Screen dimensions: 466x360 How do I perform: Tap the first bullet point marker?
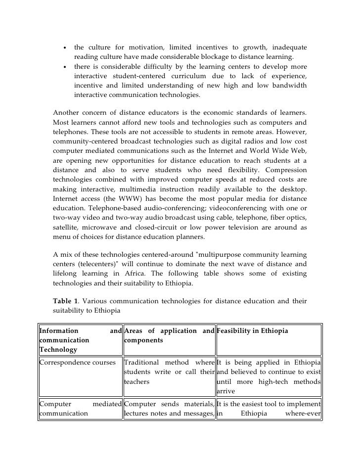tap(65, 48)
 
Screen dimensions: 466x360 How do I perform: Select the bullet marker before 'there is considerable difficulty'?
tap(65, 67)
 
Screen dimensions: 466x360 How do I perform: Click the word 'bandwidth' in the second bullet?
tap(289, 86)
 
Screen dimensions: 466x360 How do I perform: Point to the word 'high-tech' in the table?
tap(274, 382)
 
